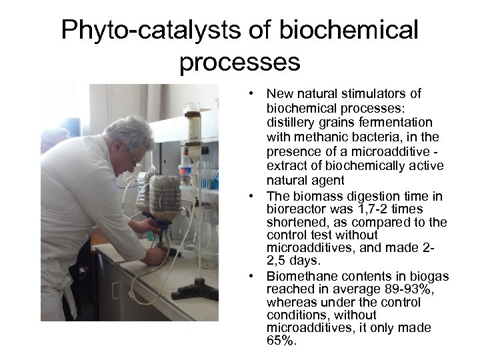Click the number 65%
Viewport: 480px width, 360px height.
(281, 341)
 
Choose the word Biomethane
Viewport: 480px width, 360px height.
(299, 276)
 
